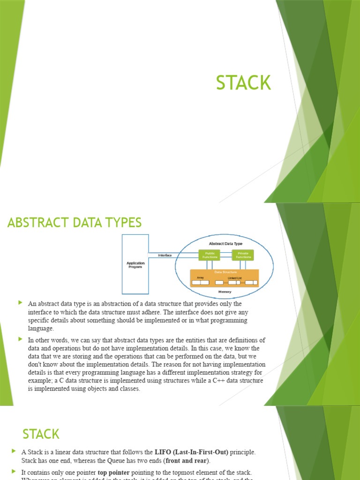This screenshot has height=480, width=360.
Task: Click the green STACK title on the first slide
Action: [x=243, y=83]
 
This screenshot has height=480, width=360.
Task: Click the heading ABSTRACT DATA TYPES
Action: [x=75, y=223]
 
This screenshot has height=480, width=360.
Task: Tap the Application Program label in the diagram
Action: [x=135, y=265]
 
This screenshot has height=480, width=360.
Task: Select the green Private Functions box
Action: [x=243, y=255]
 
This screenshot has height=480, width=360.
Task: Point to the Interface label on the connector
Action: [x=165, y=255]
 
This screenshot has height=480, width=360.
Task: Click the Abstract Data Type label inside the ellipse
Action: [x=225, y=243]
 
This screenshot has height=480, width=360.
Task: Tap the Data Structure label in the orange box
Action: [x=225, y=272]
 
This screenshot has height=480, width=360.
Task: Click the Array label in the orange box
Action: [x=200, y=277]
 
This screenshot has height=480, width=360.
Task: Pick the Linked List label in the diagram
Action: [x=234, y=277]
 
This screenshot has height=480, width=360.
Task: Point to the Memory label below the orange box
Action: [x=225, y=292]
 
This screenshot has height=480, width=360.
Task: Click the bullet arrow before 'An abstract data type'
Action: [x=20, y=303]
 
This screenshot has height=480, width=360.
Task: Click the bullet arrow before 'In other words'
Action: [x=20, y=339]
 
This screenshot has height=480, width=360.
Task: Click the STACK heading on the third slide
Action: [x=41, y=434]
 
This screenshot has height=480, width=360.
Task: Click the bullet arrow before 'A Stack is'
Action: [x=14, y=451]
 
